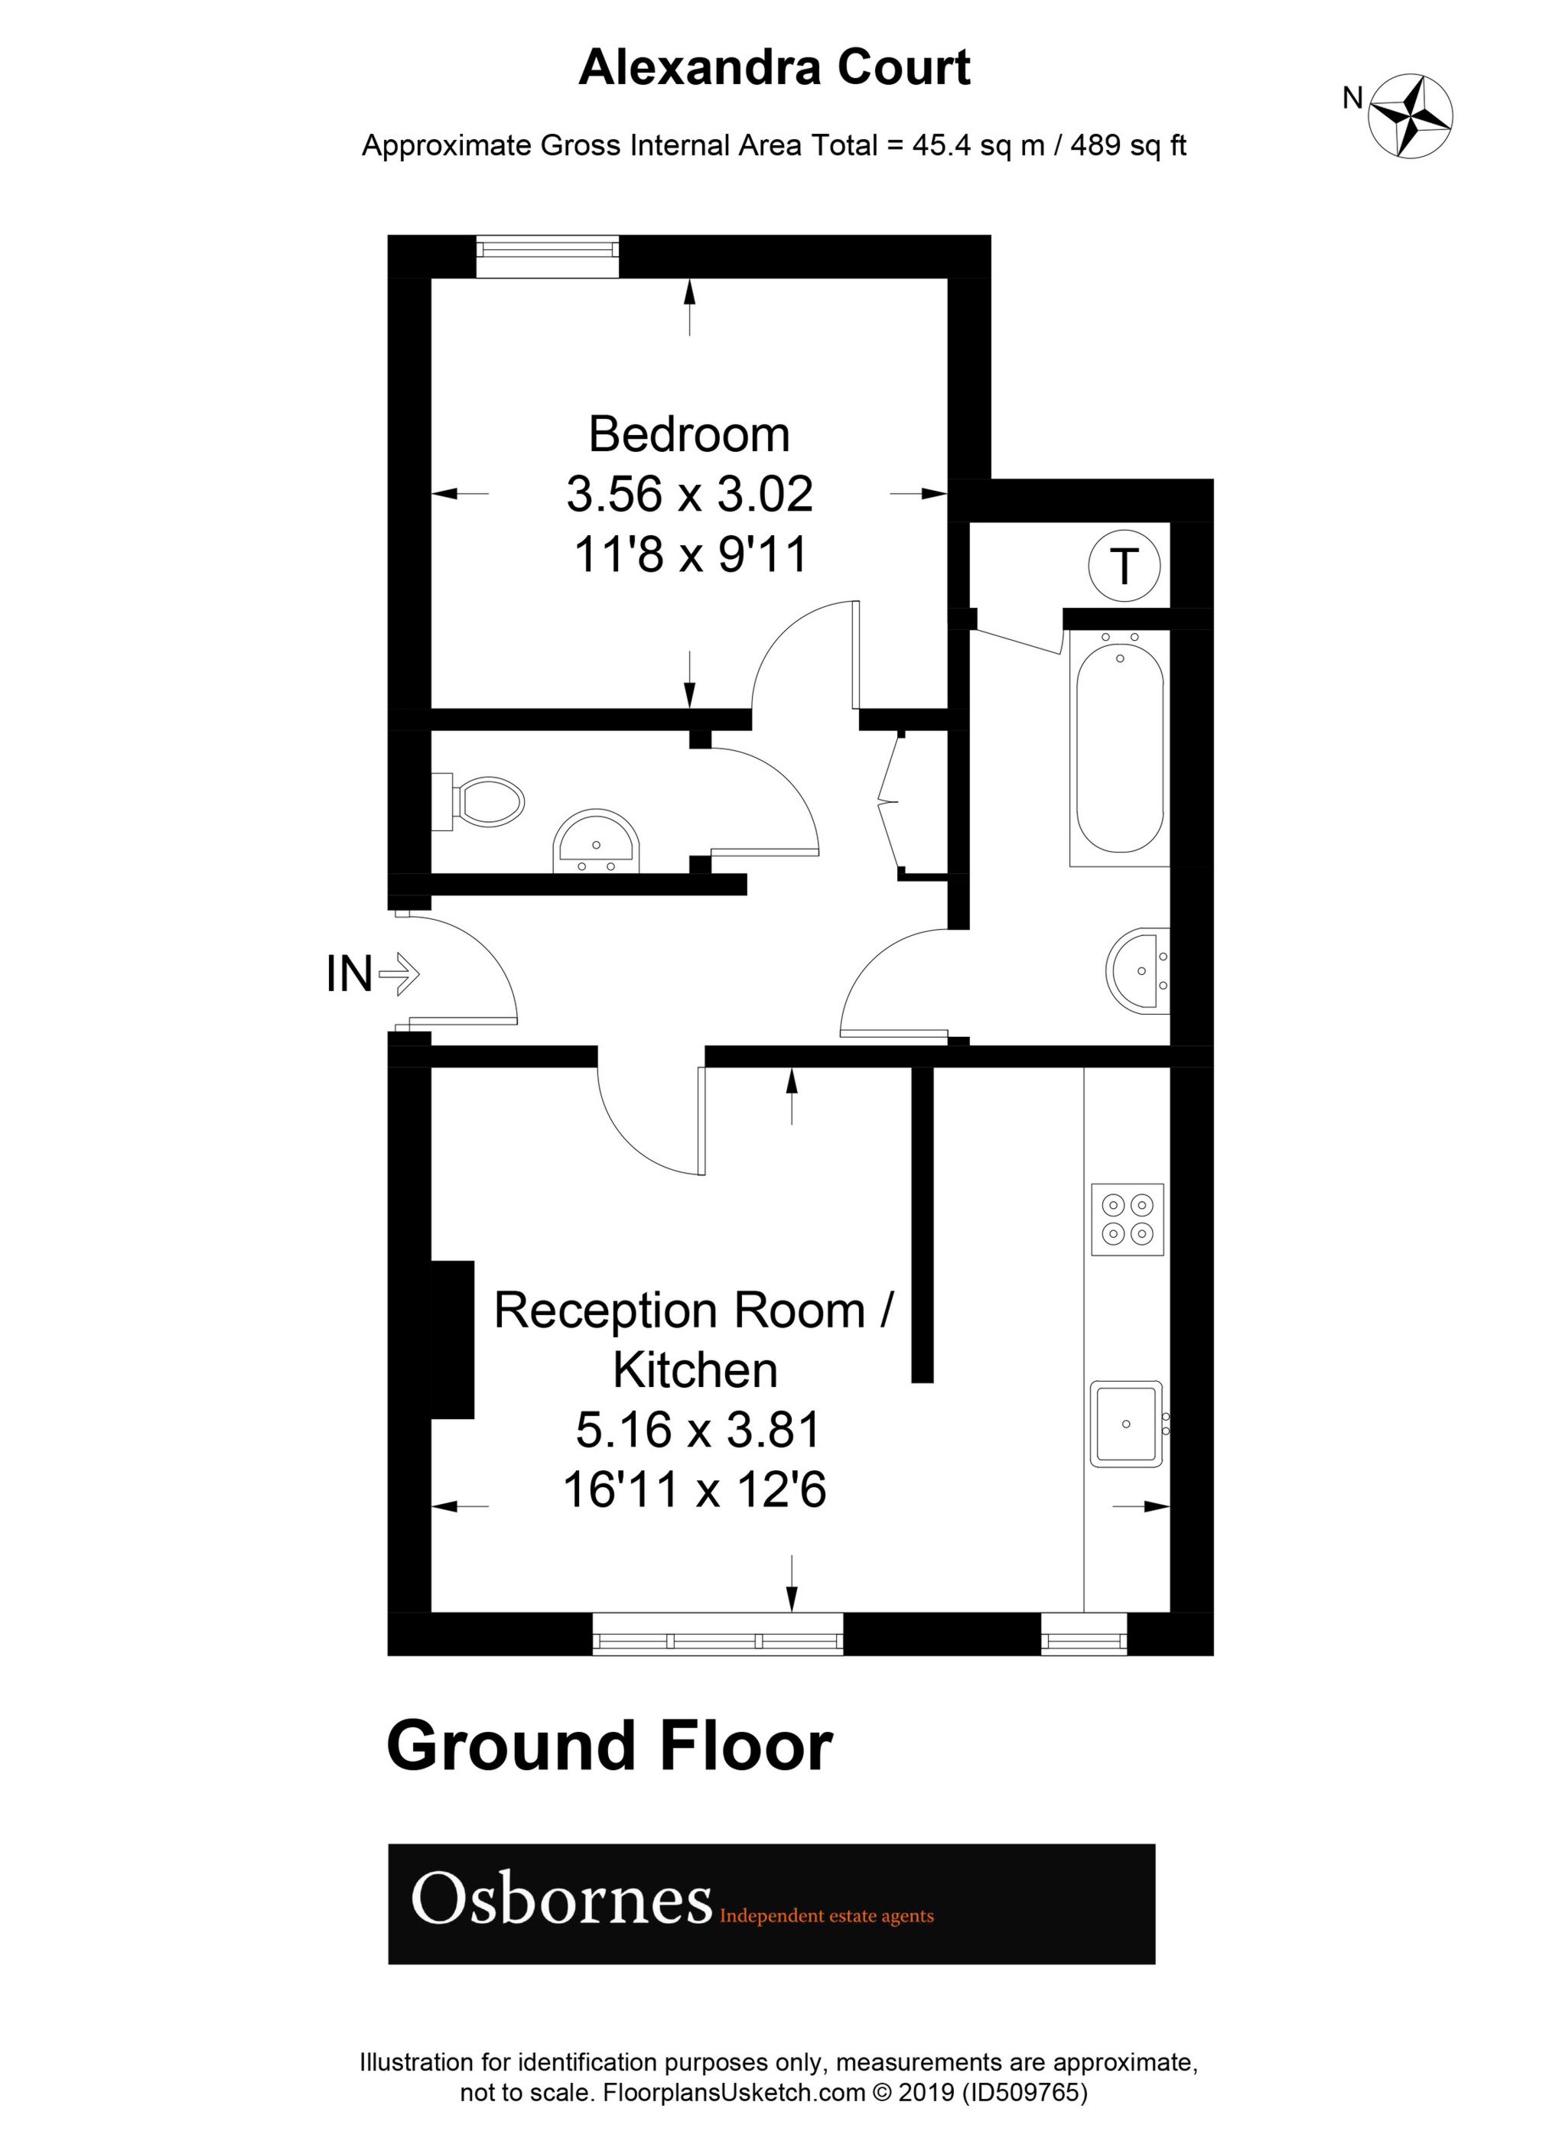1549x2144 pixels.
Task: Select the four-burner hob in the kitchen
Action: [1128, 1219]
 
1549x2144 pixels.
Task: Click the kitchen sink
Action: [1125, 1424]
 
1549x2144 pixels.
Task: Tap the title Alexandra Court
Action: [774, 67]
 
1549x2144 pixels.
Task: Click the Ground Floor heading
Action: [610, 1748]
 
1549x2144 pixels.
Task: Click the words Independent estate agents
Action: [826, 1916]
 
